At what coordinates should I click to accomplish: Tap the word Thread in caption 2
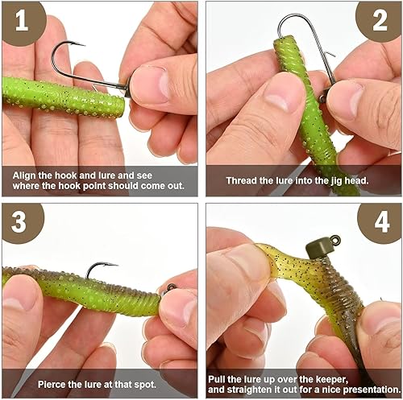[240, 180]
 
